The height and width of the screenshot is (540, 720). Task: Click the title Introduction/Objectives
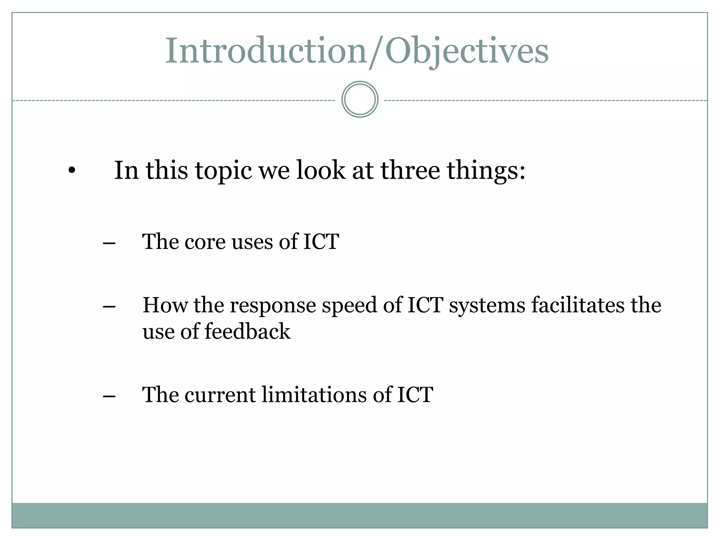(356, 51)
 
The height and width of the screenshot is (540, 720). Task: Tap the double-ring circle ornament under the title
(360, 99)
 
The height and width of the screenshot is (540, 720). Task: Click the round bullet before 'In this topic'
(72, 171)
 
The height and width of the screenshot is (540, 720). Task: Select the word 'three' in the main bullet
(410, 171)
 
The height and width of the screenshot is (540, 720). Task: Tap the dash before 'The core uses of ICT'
(109, 243)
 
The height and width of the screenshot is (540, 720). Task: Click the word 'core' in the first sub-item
(205, 242)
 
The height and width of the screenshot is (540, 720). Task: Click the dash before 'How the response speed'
(109, 306)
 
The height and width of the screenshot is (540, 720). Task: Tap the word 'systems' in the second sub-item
(487, 305)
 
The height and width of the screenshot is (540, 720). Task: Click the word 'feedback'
(247, 332)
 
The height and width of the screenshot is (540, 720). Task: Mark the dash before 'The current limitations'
(109, 396)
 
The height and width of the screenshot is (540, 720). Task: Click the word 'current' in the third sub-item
(220, 395)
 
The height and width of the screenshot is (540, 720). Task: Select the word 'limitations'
(314, 394)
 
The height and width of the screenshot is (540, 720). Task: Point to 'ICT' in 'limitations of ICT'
(415, 394)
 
